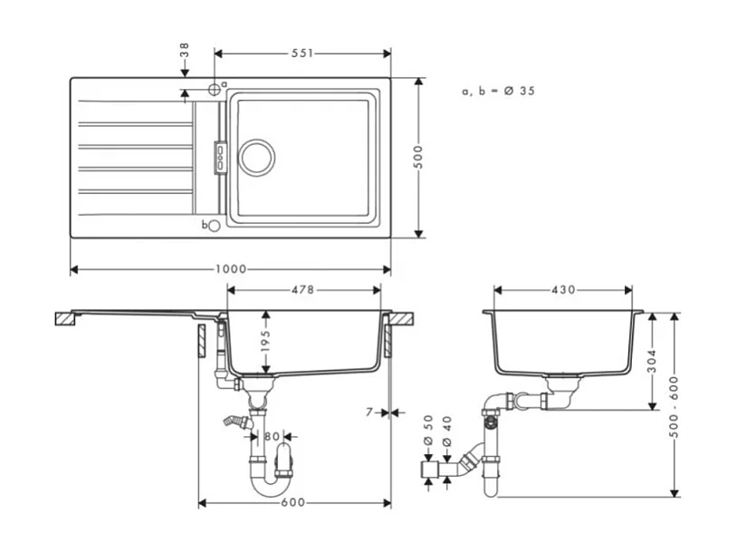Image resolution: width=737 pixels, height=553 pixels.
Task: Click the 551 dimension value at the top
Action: point(301,53)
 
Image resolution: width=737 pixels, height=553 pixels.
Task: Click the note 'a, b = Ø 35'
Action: point(497,91)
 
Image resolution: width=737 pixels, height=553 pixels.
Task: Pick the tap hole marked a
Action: point(214,89)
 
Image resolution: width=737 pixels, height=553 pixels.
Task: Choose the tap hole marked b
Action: point(214,226)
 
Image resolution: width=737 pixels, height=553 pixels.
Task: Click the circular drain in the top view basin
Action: point(256,155)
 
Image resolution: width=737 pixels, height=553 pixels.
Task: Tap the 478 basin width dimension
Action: point(302,290)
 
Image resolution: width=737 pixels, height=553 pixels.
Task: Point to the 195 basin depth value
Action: point(265,342)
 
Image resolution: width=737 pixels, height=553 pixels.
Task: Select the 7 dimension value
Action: point(369,412)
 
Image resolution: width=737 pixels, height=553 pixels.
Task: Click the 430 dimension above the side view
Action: point(562,290)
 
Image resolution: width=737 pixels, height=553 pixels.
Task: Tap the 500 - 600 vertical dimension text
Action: point(674,404)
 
